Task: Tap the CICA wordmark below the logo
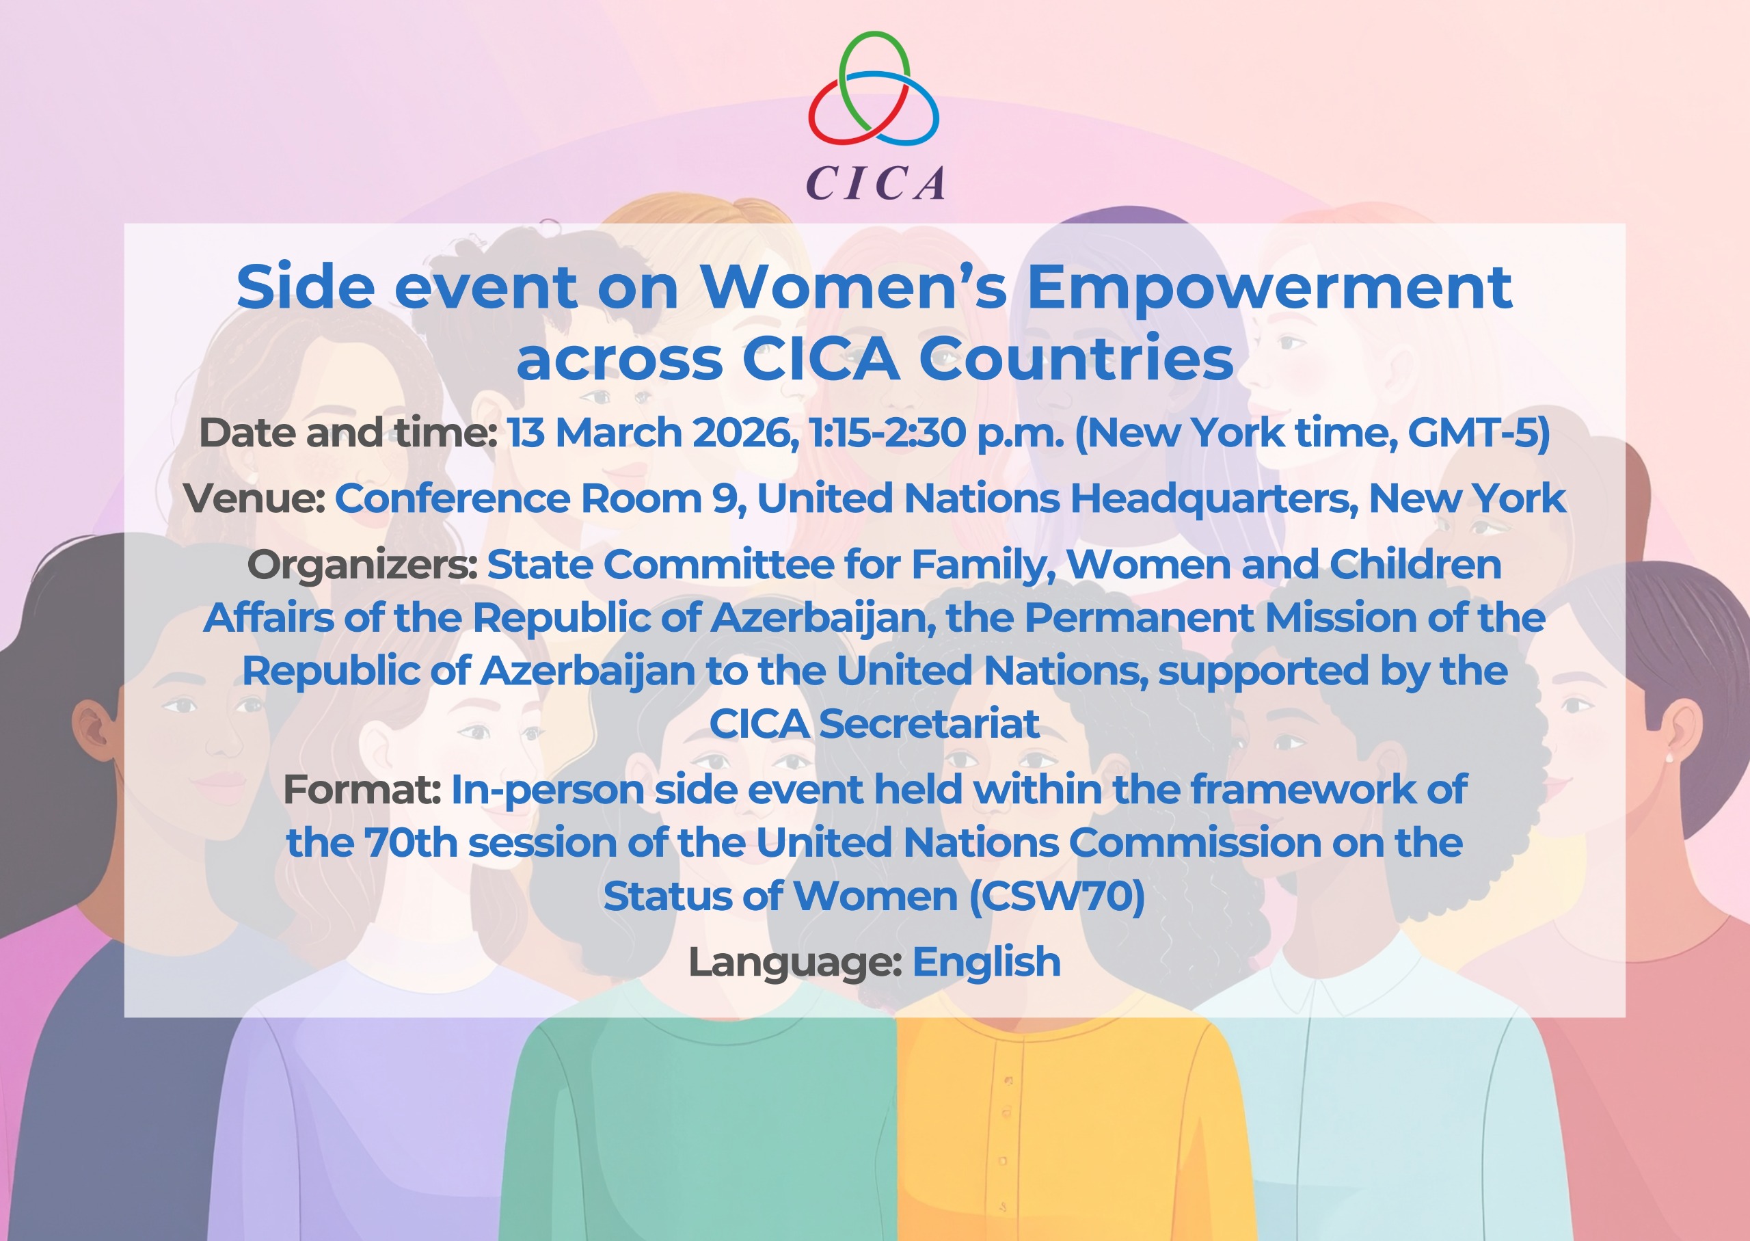[x=876, y=183]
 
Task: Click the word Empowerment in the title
[x=1269, y=287]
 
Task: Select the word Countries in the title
[x=1075, y=358]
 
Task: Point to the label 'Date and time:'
[x=349, y=433]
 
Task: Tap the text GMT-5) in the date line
[x=1478, y=433]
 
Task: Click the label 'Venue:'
[x=255, y=498]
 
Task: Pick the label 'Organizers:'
[x=362, y=565]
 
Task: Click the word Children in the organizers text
[x=1416, y=565]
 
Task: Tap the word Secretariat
[x=929, y=723]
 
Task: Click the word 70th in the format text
[x=411, y=843]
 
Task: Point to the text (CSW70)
[x=1058, y=896]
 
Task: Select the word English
[x=986, y=962]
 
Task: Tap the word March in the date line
[x=619, y=433]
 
